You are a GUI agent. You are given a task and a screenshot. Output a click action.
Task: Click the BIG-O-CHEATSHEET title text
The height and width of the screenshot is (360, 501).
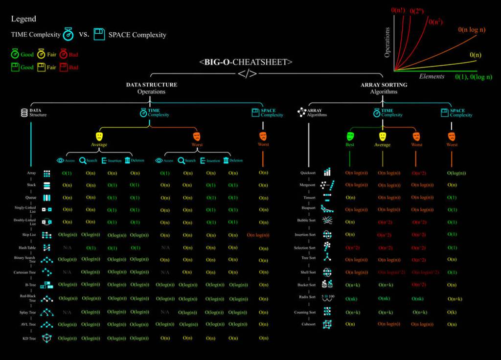click(x=246, y=62)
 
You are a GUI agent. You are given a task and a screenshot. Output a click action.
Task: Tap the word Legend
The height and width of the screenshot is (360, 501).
click(x=23, y=19)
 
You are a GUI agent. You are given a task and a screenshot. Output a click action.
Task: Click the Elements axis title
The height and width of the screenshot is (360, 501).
click(x=432, y=76)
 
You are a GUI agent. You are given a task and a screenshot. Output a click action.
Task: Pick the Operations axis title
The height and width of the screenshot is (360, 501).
click(x=387, y=42)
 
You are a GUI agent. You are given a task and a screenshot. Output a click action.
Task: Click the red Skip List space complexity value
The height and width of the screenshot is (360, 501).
click(x=258, y=235)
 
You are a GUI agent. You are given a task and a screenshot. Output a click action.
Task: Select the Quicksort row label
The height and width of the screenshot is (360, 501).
click(x=308, y=173)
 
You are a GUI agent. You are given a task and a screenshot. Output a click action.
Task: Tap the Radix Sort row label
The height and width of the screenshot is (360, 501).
click(x=307, y=297)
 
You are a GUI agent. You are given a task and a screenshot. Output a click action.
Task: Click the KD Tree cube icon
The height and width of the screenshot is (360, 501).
click(x=47, y=338)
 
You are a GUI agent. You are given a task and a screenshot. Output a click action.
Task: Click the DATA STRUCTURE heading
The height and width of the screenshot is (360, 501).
click(x=152, y=85)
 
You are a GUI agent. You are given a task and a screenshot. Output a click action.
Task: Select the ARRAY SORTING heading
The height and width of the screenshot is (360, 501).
click(x=384, y=85)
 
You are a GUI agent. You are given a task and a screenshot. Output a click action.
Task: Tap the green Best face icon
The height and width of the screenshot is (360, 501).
click(x=350, y=136)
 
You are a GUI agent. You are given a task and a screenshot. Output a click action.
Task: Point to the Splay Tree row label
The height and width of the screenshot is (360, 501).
click(x=27, y=313)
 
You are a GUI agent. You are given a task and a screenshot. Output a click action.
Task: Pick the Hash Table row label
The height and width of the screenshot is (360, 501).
click(x=27, y=247)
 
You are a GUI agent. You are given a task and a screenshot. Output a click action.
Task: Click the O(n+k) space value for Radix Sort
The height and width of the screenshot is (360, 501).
click(x=455, y=298)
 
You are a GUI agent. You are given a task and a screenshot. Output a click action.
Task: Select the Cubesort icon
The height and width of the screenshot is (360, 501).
click(x=327, y=324)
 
